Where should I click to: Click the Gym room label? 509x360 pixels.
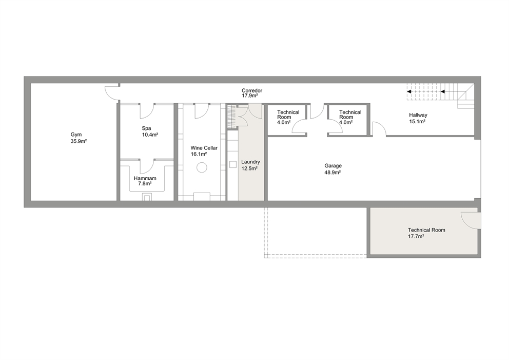tap(76, 135)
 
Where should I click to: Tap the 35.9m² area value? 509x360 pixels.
tap(79, 141)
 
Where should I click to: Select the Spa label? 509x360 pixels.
tap(146, 128)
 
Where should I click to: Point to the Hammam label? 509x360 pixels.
tap(145, 178)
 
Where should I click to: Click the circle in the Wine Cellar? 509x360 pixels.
tap(202, 167)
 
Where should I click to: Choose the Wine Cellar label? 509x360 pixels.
tap(204, 148)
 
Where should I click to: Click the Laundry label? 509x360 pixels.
tap(250, 162)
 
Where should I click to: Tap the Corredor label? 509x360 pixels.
tap(252, 90)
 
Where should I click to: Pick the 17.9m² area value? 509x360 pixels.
tap(250, 96)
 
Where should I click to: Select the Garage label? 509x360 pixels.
tap(333, 166)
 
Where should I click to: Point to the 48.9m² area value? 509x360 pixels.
tap(332, 173)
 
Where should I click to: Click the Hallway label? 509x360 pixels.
tap(418, 115)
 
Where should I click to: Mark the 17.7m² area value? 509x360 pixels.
tap(416, 237)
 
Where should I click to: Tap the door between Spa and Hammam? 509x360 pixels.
tap(147, 166)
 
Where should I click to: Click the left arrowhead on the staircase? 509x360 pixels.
tap(409, 91)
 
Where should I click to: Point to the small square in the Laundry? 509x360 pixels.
tap(233, 164)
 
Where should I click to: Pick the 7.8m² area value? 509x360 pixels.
tap(145, 184)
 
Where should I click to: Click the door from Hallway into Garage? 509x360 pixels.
tap(379, 129)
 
